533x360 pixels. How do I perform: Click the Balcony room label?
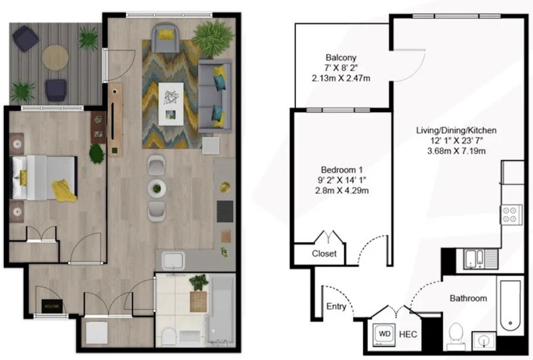click(341, 57)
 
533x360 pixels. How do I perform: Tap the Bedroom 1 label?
click(342, 169)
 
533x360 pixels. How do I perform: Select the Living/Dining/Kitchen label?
click(456, 130)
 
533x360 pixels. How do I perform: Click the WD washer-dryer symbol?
click(384, 334)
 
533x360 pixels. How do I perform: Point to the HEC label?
click(408, 334)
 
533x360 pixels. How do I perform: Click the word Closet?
click(324, 253)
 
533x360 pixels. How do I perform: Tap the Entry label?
click(336, 307)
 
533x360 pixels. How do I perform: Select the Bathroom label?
click(468, 299)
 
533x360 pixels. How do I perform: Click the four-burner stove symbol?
click(511, 215)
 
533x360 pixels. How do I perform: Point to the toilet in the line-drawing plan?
click(456, 336)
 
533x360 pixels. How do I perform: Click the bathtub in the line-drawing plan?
click(510, 305)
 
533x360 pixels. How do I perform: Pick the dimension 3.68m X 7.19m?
click(456, 151)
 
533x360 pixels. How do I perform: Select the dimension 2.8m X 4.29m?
click(342, 190)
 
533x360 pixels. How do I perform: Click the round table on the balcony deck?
click(55, 57)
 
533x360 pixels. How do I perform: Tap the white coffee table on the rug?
click(171, 104)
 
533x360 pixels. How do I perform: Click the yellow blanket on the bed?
click(64, 191)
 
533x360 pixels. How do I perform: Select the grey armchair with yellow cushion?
click(165, 37)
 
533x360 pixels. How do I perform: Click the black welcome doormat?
click(52, 306)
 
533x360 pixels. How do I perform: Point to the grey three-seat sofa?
click(215, 97)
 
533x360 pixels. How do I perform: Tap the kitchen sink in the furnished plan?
click(173, 261)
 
